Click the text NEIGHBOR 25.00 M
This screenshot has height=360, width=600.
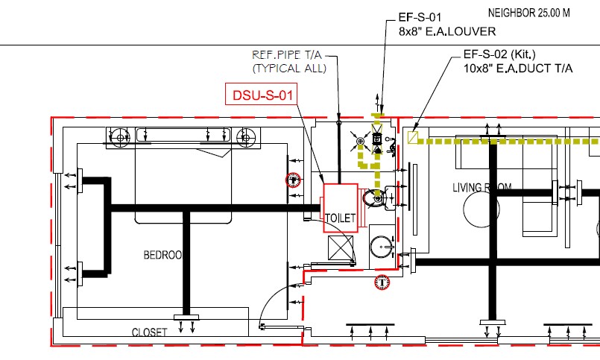[529, 13]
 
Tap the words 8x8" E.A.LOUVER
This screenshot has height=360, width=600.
[447, 31]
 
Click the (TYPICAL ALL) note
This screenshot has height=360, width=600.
[289, 69]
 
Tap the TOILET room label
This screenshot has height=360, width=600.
[341, 218]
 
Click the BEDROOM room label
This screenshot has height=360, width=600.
[162, 255]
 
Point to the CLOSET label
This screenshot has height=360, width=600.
[149, 332]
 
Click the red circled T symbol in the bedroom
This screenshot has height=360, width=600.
[294, 179]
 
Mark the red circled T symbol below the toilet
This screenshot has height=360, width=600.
[382, 282]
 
